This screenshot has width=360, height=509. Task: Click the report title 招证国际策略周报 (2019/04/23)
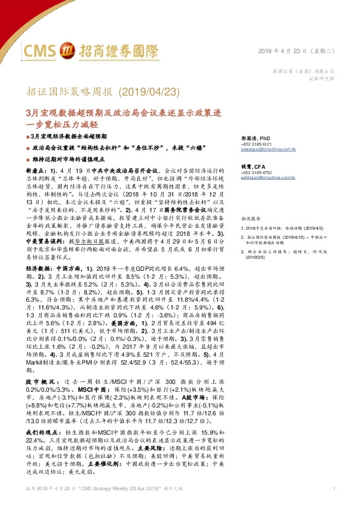103,92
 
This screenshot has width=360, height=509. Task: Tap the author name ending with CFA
252,166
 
